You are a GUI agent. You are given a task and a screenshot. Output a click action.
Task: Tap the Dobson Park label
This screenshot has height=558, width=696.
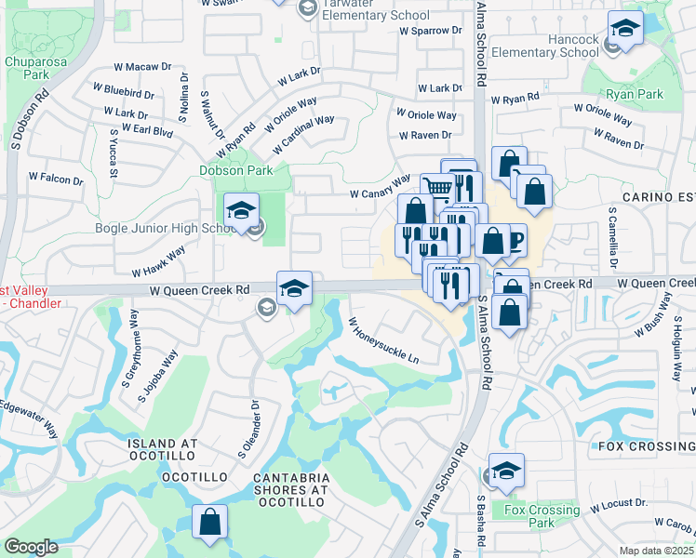coord(236,170)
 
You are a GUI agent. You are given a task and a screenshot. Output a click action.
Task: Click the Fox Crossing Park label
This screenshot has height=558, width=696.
coord(541,516)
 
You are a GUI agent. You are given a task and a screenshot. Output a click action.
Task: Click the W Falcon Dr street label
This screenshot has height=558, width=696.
coord(55,177)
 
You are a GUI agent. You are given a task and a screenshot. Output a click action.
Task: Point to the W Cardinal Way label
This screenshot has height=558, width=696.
coord(303,135)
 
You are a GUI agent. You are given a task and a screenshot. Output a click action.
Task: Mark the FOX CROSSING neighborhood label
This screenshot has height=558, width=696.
coord(640,445)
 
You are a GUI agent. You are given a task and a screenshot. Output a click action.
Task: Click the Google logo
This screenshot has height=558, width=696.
coord(30,547)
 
